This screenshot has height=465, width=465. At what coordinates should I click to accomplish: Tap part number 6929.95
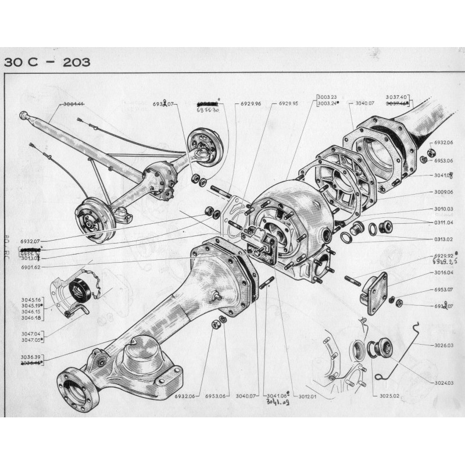click(x=288, y=104)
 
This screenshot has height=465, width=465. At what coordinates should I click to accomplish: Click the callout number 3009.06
click(x=443, y=192)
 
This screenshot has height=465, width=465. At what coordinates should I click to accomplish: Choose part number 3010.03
click(x=443, y=209)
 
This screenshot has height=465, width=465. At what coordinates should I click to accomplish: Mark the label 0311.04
click(x=443, y=222)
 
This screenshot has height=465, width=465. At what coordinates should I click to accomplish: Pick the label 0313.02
click(x=443, y=238)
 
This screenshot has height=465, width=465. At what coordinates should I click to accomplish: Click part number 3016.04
click(x=443, y=271)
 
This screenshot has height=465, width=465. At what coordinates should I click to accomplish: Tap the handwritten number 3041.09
click(x=278, y=403)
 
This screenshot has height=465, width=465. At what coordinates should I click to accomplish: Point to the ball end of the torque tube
click(x=24, y=115)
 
